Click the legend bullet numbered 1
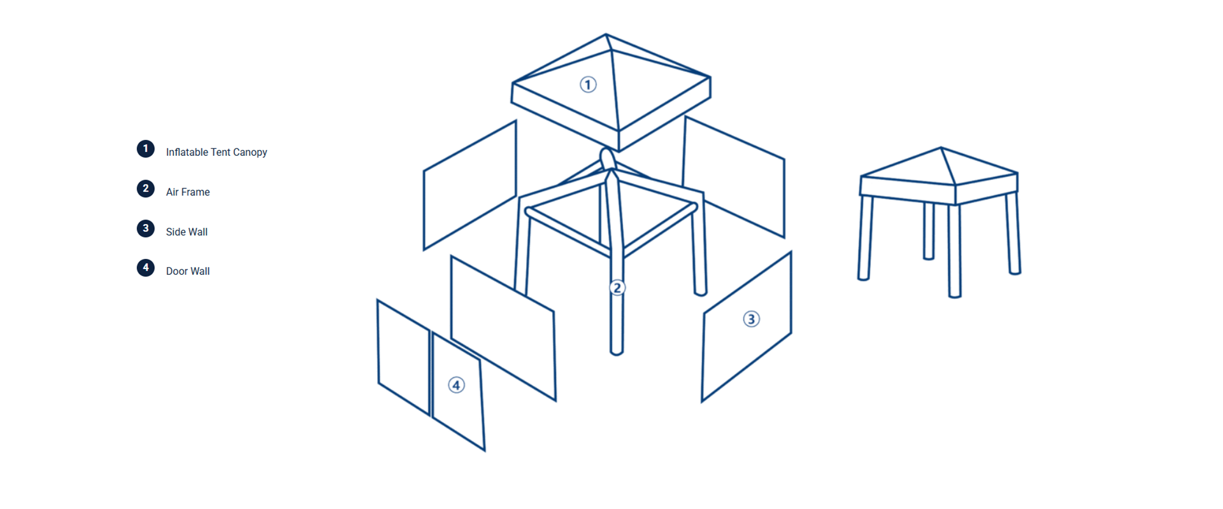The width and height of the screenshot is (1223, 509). (146, 149)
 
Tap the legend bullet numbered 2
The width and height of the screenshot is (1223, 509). (146, 189)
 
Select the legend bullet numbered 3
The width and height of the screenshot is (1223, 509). (146, 228)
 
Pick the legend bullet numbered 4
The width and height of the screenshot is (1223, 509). (146, 268)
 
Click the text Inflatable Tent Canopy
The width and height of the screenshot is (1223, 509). (217, 152)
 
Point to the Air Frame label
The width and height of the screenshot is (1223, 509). (188, 192)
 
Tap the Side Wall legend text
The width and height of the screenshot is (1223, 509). (187, 232)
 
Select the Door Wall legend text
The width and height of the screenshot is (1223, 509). (188, 271)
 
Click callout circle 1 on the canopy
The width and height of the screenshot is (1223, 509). (588, 85)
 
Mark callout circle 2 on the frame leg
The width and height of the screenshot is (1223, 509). (617, 288)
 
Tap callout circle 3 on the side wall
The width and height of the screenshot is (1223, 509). (752, 319)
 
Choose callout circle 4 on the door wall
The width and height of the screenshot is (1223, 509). (456, 385)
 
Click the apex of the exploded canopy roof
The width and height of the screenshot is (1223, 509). (606, 34)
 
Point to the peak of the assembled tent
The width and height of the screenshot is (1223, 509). (941, 148)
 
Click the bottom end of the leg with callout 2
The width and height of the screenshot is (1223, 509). (616, 352)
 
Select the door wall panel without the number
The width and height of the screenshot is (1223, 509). (404, 357)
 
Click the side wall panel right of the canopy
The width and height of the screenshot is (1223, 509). (734, 177)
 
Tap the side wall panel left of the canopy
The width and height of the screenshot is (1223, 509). (470, 185)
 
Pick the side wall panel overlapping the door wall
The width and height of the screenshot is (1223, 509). (503, 328)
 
